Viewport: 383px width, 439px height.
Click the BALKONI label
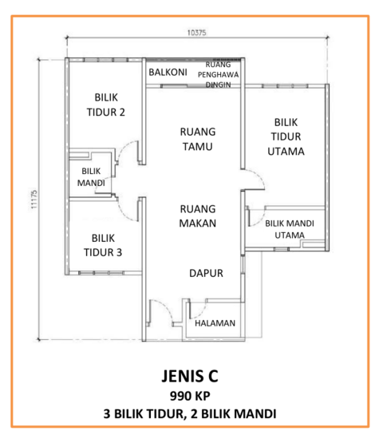[168, 72]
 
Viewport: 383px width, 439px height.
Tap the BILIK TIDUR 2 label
[106, 105]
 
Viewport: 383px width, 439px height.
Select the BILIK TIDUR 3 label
[103, 245]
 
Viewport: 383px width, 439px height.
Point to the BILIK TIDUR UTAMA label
[286, 136]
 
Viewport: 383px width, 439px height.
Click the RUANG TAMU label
[198, 139]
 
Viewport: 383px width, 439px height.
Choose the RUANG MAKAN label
[198, 216]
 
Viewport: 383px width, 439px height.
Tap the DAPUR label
[206, 273]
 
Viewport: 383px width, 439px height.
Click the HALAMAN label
[215, 323]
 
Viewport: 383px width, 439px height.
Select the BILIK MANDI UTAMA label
[290, 229]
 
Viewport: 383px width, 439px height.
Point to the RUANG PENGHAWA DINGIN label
[218, 74]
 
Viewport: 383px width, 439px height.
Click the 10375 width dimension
[196, 33]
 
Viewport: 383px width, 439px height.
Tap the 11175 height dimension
[34, 200]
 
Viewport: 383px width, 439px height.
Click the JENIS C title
[190, 376]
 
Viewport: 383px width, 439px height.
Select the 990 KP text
[190, 396]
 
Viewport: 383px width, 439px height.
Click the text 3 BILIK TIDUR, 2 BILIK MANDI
[190, 413]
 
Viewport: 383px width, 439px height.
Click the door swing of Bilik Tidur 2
[127, 152]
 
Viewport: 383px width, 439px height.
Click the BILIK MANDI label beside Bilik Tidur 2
[91, 177]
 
